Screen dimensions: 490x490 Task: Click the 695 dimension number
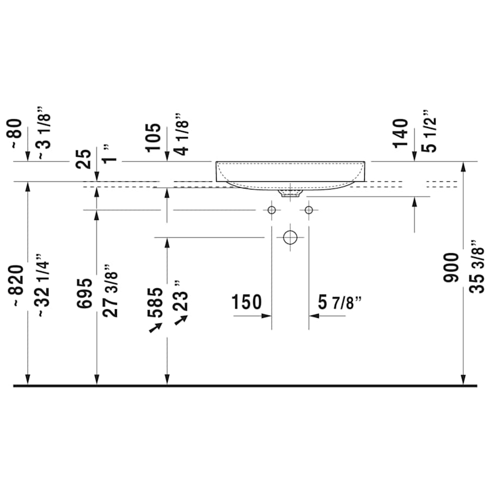[x=84, y=293]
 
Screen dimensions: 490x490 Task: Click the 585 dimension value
[x=155, y=303]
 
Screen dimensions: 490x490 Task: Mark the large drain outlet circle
[x=290, y=237]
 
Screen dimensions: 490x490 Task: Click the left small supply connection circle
[x=271, y=210]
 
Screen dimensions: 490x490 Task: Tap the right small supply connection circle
[x=309, y=210]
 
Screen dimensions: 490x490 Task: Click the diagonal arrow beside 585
[x=156, y=327]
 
